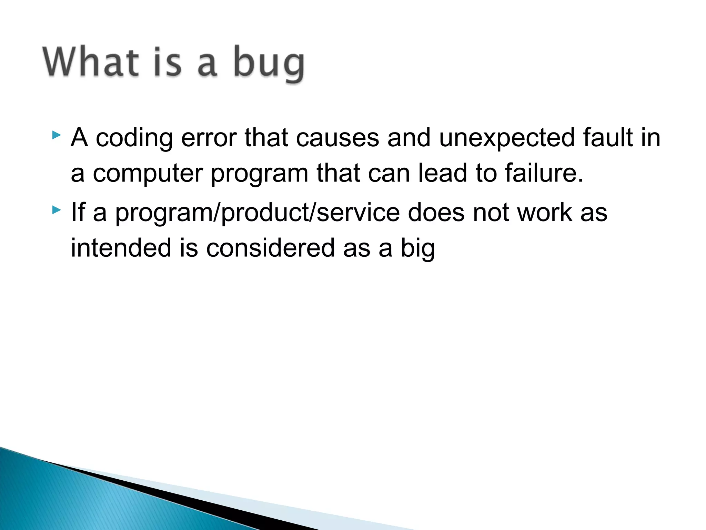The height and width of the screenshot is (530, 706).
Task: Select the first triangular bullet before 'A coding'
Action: click(57, 135)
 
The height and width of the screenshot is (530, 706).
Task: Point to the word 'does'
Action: click(436, 213)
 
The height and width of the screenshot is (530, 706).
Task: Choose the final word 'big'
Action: click(417, 248)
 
